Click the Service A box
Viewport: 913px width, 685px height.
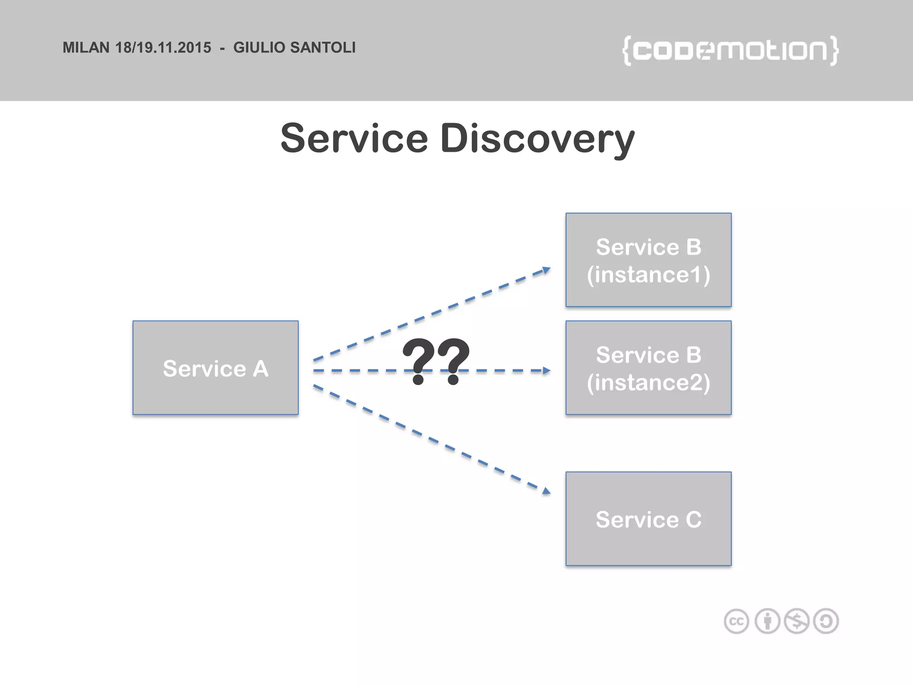click(x=215, y=368)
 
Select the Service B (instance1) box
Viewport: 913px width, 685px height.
click(x=648, y=260)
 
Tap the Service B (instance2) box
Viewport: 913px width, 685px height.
click(x=648, y=368)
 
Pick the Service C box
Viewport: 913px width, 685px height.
click(x=648, y=519)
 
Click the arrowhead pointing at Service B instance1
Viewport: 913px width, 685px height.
click(x=546, y=270)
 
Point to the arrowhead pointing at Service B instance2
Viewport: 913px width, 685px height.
click(x=546, y=371)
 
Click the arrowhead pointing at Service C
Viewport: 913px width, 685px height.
click(x=546, y=491)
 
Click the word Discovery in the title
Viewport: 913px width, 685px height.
click(x=537, y=139)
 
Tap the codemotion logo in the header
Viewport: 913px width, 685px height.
click(x=730, y=50)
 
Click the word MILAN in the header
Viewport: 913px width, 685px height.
click(x=86, y=48)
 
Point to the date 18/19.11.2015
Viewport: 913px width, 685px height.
click(x=163, y=48)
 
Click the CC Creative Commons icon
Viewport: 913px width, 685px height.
click(x=736, y=621)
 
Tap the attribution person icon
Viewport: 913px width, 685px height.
click(x=767, y=621)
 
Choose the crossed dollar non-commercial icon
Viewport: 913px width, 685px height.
click(x=797, y=621)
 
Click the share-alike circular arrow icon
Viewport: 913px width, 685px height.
click(x=826, y=621)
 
